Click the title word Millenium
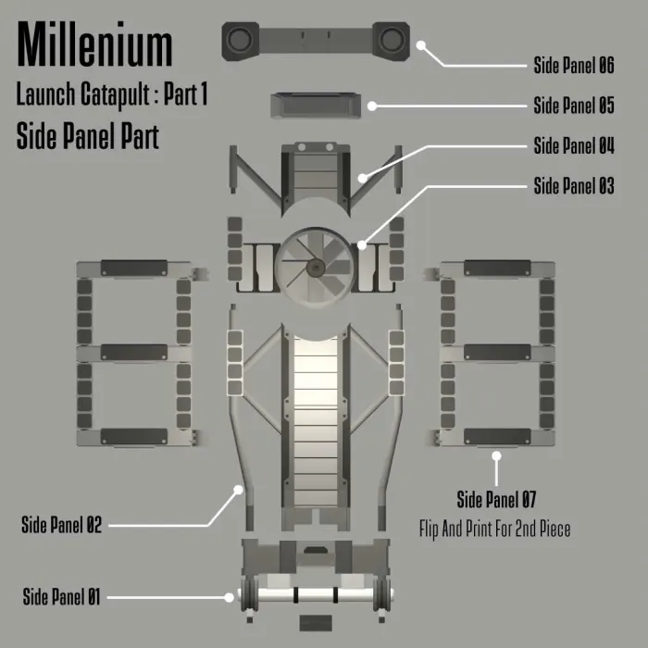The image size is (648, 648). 94,44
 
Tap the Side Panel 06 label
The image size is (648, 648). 574,66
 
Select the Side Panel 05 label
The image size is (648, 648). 574,106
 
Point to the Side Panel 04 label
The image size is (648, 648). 574,145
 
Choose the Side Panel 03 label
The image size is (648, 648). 574,185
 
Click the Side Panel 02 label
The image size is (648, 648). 61,525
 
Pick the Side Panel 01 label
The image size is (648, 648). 61,597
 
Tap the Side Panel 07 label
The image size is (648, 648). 496,499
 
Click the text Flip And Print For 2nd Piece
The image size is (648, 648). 494,529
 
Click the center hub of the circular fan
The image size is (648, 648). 316,268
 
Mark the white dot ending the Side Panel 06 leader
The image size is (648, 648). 420,45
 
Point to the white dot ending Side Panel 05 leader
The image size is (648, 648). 372,106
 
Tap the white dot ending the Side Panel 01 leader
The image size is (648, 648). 229,597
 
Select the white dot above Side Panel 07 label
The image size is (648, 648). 496,455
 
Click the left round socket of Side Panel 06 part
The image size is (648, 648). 239,40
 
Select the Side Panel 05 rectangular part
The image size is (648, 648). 316,106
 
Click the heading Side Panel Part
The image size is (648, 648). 88,136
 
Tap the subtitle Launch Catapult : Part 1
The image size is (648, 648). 112,94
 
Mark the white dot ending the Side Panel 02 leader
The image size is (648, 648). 238,490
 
